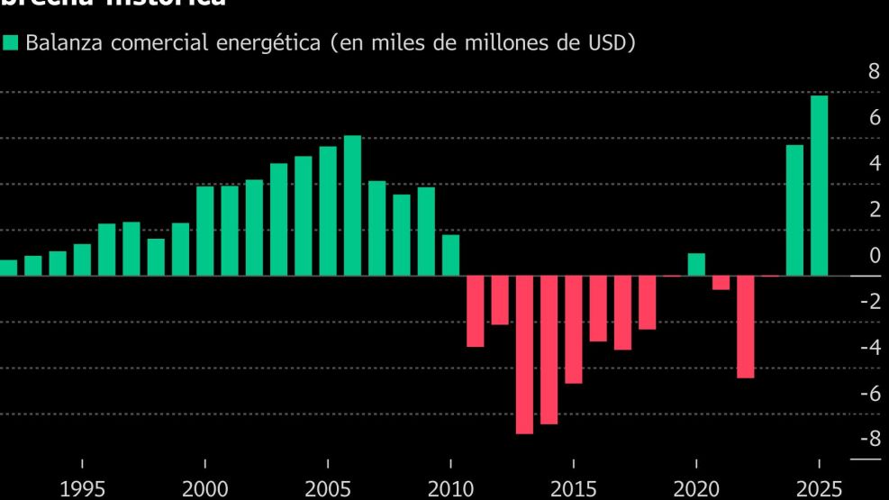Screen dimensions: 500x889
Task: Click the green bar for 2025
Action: click(x=819, y=186)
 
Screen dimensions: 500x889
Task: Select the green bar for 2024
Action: click(x=794, y=210)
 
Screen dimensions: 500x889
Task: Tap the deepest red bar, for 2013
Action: click(x=524, y=354)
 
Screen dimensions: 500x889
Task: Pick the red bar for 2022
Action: click(x=745, y=326)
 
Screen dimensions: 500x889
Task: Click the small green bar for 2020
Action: click(x=696, y=264)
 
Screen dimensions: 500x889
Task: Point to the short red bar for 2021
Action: click(x=721, y=283)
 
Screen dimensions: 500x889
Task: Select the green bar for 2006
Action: click(x=352, y=205)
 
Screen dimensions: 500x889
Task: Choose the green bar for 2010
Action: click(x=450, y=255)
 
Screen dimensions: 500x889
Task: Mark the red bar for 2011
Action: click(x=475, y=311)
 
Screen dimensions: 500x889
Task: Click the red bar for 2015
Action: click(x=573, y=329)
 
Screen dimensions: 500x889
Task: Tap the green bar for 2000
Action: click(x=205, y=231)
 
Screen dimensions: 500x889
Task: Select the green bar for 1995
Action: click(x=82, y=259)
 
